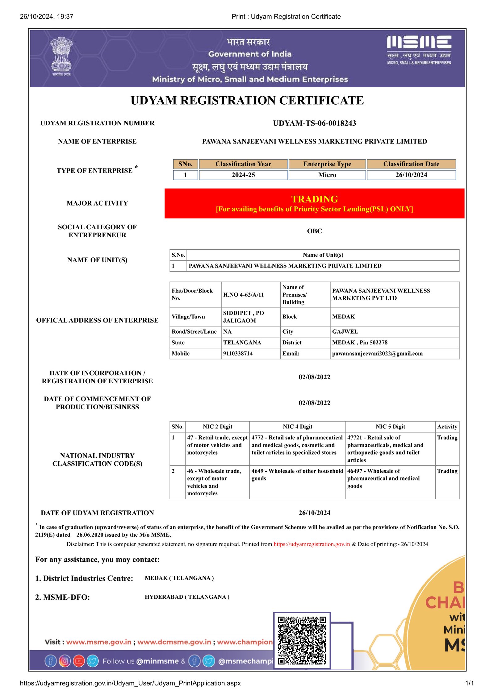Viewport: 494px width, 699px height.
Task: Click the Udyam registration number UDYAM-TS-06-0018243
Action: [x=314, y=123]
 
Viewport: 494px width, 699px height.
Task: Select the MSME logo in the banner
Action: [x=419, y=49]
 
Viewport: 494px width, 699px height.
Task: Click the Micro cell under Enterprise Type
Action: [x=327, y=175]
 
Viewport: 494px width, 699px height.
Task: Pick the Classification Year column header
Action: [x=243, y=164]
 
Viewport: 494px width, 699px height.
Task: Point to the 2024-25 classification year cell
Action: [x=243, y=175]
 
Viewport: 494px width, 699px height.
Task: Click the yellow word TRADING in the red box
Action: [x=314, y=199]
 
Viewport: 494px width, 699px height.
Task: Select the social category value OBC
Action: [x=314, y=231]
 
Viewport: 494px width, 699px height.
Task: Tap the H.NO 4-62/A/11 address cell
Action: [x=243, y=295]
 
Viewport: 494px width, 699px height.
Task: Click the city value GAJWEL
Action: [x=345, y=332]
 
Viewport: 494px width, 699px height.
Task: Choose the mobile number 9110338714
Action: [x=238, y=354]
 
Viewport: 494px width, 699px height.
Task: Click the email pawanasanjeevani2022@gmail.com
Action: [x=377, y=354]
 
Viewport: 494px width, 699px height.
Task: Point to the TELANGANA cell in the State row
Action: [x=242, y=343]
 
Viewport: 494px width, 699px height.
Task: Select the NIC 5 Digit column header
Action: [x=390, y=427]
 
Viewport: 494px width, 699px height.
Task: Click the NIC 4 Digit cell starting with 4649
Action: [x=297, y=475]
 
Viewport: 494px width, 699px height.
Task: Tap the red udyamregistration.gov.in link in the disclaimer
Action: [x=312, y=544]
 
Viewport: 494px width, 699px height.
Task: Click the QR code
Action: [x=302, y=640]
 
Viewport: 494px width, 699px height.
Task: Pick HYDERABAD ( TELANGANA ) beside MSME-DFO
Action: [x=187, y=597]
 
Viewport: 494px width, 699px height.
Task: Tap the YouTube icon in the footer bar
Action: [x=79, y=661]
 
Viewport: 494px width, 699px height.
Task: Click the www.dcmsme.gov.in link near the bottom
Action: [x=174, y=642]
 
